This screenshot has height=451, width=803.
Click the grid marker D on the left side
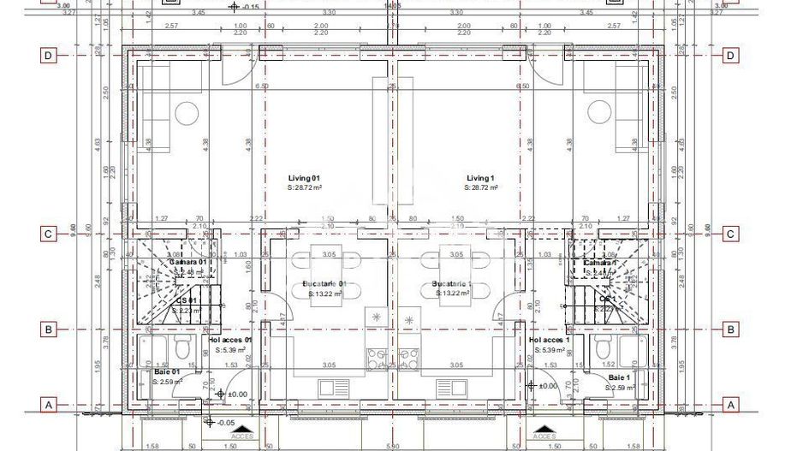click(x=49, y=56)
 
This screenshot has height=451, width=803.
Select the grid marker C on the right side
click(x=730, y=234)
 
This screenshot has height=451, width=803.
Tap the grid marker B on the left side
click(x=49, y=329)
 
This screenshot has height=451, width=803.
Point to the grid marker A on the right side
click(x=730, y=404)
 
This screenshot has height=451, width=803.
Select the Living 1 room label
click(x=481, y=178)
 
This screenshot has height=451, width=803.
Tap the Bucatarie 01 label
click(x=324, y=284)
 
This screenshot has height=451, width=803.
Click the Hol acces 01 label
click(x=231, y=340)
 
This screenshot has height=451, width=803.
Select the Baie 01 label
click(x=167, y=372)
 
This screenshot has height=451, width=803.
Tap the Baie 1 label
click(x=619, y=377)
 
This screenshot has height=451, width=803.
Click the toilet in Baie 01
click(x=181, y=348)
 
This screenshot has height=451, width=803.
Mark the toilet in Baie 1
click(x=602, y=348)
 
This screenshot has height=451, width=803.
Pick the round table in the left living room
click(x=187, y=113)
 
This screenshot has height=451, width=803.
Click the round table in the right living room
click(x=598, y=113)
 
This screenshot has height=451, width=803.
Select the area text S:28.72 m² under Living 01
click(x=304, y=187)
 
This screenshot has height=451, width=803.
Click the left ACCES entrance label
click(x=243, y=436)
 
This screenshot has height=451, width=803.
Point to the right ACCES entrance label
click(x=543, y=436)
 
